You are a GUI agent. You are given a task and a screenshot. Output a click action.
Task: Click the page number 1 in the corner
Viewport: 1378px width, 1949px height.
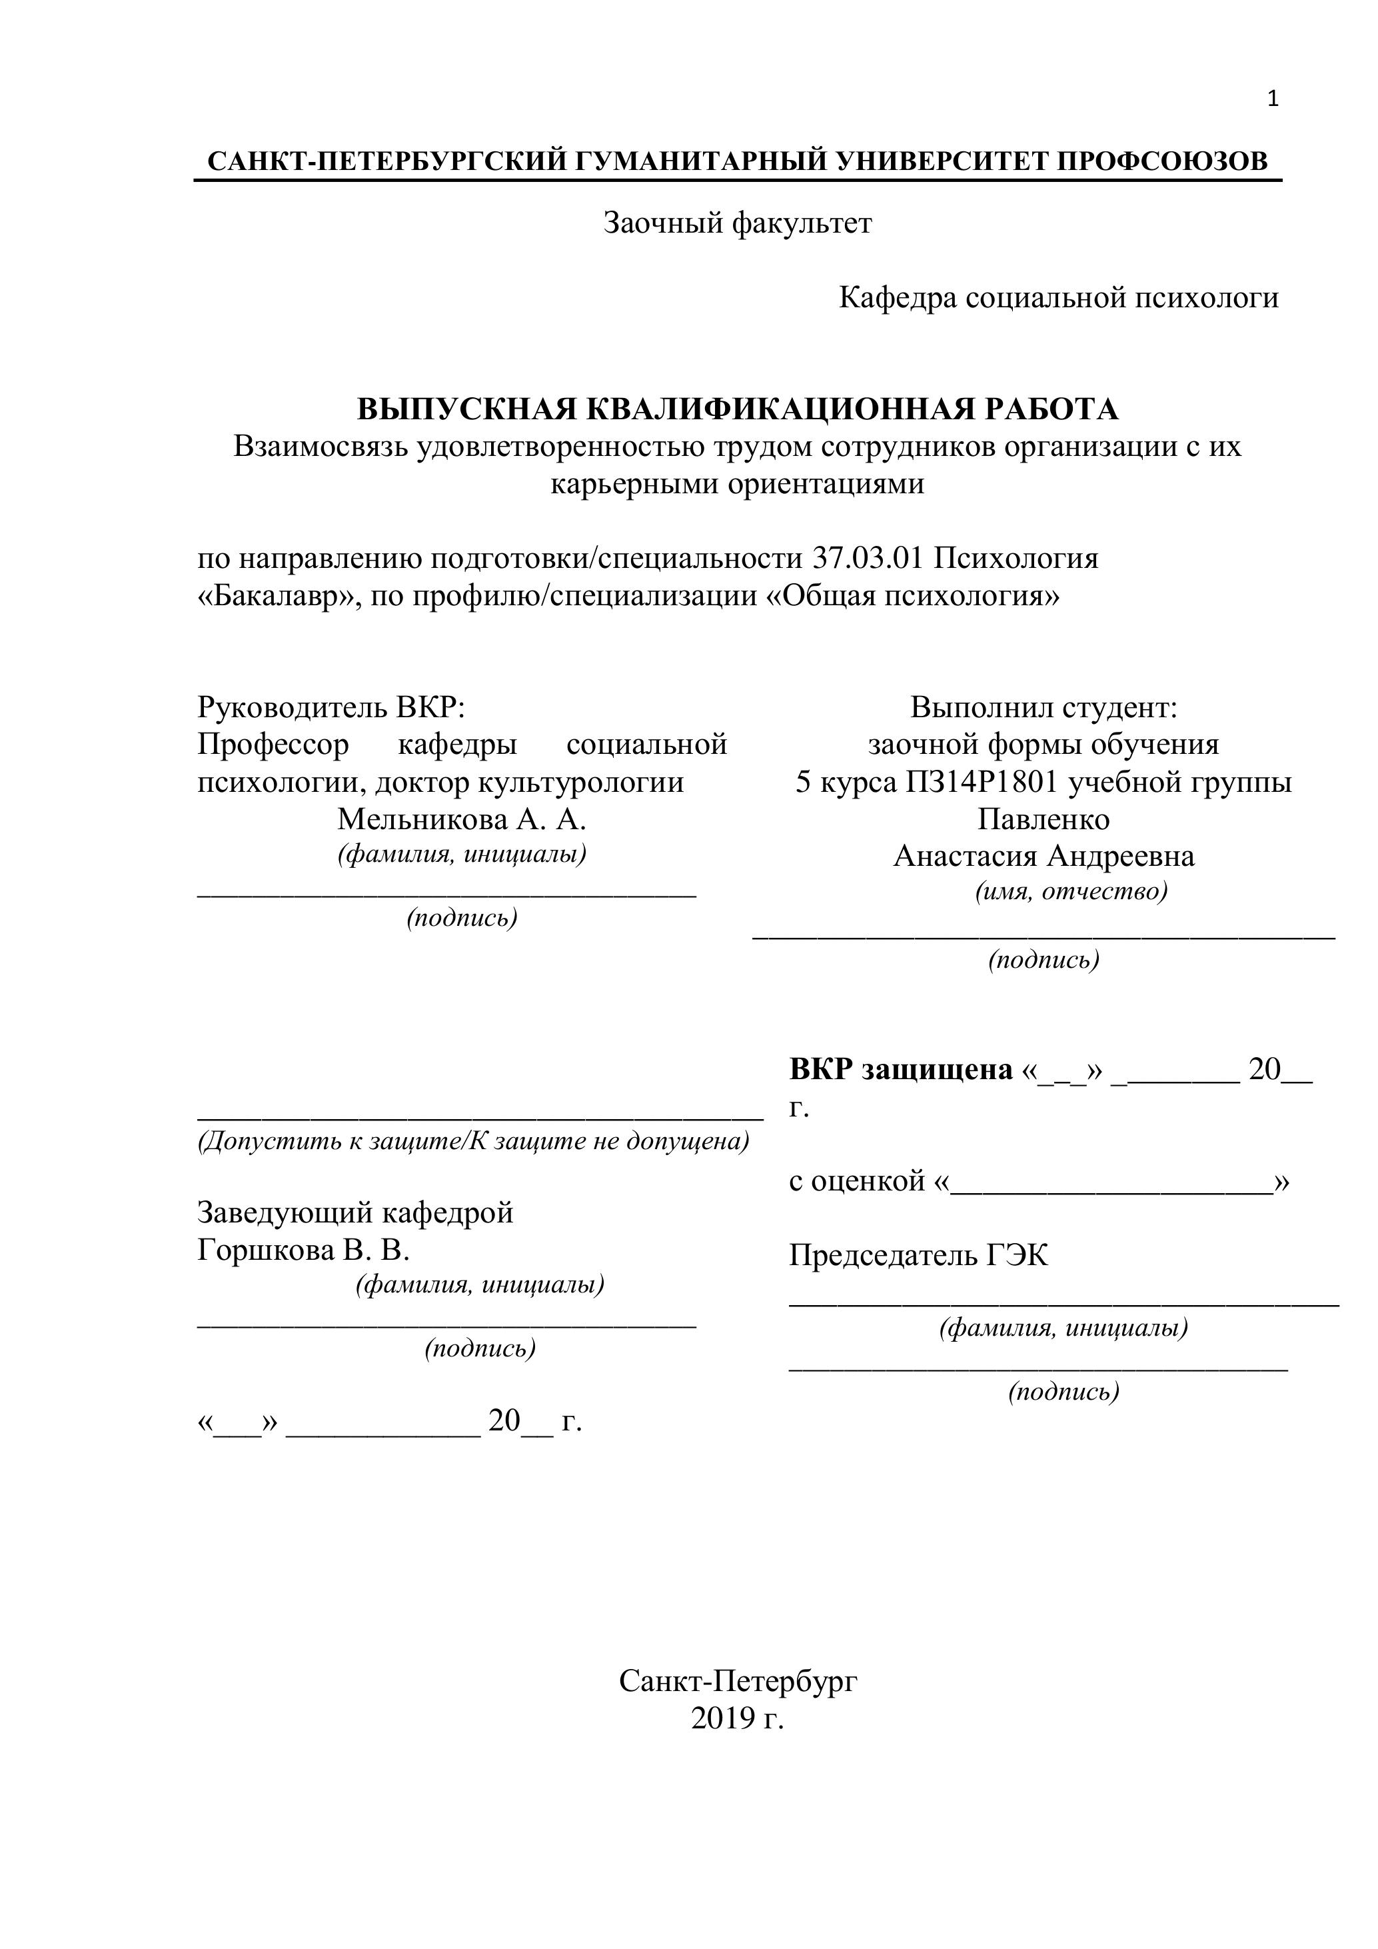point(1272,99)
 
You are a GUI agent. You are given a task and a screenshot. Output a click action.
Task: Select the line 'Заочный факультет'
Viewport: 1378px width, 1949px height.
point(738,223)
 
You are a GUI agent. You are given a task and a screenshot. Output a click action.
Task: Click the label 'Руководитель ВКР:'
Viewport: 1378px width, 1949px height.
point(332,707)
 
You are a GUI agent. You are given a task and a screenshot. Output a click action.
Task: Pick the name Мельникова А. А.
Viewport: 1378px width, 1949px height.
point(462,819)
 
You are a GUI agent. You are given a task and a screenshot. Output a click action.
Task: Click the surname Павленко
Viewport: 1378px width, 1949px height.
point(1043,819)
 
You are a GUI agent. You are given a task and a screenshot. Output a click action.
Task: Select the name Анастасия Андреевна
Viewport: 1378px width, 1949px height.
point(1043,856)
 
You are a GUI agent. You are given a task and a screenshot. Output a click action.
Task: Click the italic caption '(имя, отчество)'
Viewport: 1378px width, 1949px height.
point(1071,891)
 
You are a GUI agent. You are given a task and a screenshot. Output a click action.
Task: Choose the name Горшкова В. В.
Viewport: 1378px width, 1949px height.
point(304,1250)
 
